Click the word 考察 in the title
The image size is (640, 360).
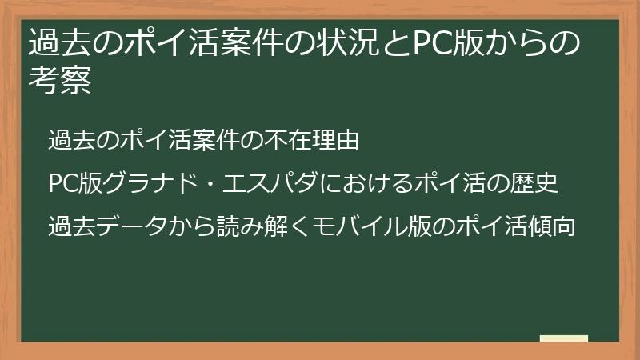pos(60,81)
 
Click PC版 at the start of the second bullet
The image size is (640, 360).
pos(74,183)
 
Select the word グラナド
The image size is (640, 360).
pos(152,183)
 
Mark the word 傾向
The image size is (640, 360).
pos(551,226)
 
